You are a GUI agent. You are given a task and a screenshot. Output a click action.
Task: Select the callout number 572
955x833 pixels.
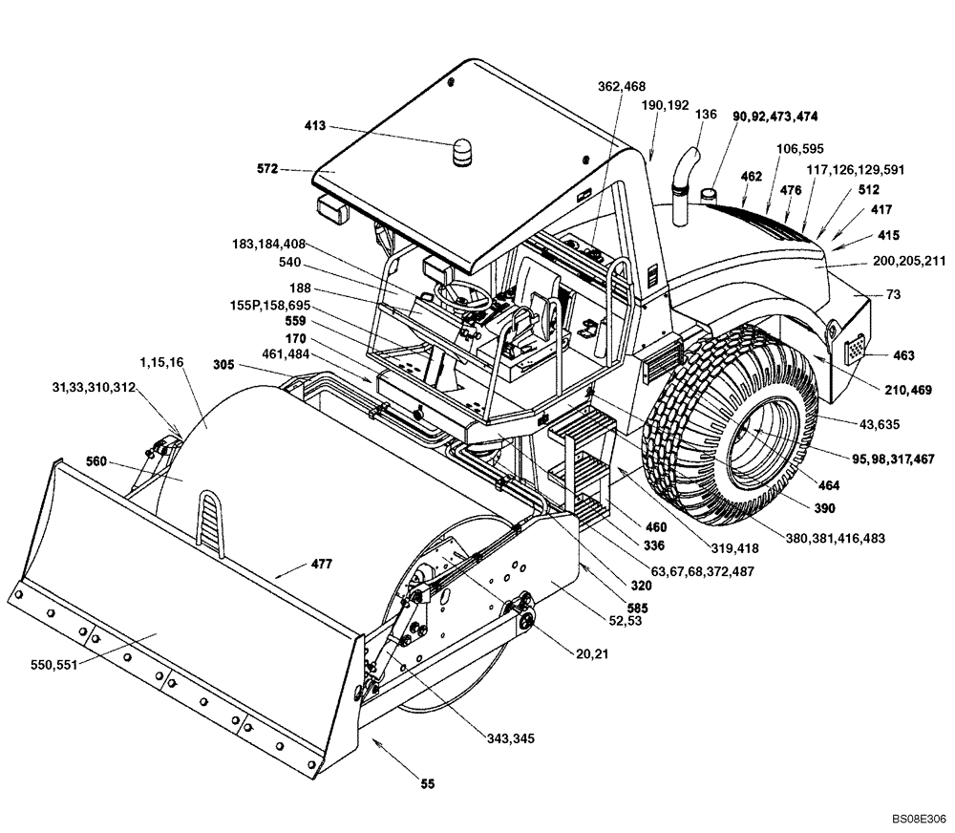coord(267,169)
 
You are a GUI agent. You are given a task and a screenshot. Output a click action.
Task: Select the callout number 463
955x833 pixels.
coord(903,355)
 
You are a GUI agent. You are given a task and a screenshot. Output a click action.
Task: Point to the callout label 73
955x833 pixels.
coord(893,295)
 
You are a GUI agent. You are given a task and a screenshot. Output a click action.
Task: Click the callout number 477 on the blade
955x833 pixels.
coord(321,564)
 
